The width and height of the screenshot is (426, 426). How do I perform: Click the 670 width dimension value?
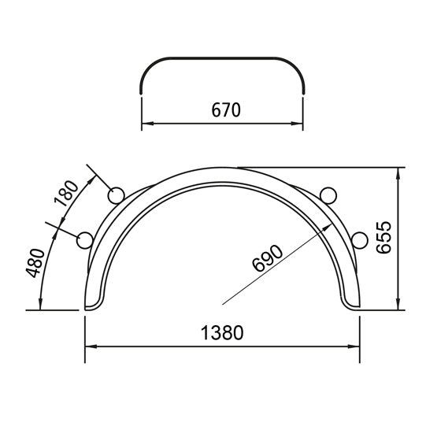[224, 110]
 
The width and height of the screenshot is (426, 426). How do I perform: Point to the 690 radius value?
[267, 257]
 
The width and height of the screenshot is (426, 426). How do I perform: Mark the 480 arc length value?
[34, 262]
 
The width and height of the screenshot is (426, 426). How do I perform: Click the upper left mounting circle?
[116, 194]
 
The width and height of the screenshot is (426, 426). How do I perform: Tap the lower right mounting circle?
[361, 239]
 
